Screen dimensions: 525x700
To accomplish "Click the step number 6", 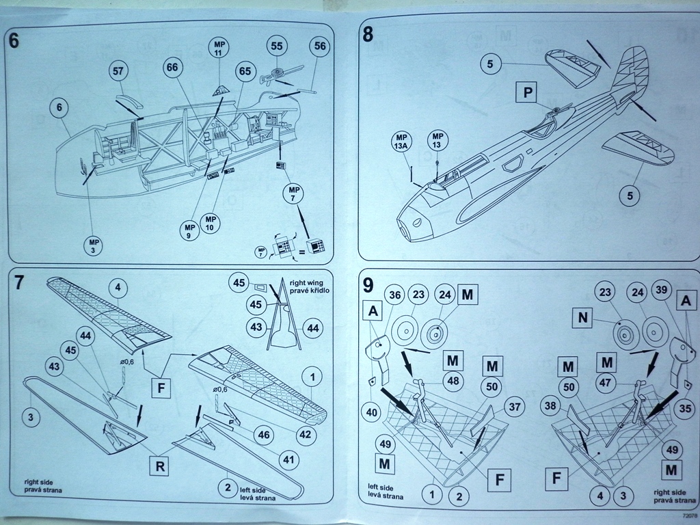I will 15,40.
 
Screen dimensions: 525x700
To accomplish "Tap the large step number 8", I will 368,34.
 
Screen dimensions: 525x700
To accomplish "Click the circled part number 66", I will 172,67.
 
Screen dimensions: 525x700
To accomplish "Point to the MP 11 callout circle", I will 218,49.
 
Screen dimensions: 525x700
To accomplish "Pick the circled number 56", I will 318,46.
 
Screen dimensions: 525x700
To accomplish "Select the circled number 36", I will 394,295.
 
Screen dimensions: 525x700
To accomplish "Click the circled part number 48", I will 451,381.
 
